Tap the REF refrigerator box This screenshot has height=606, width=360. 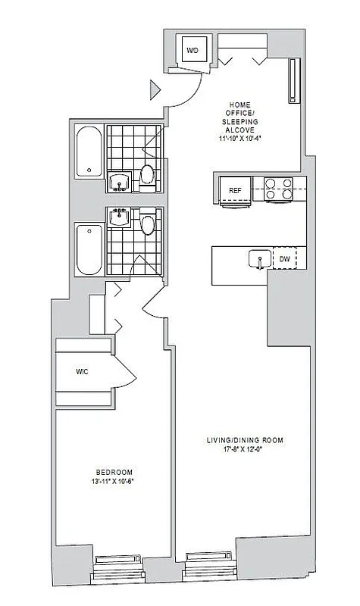[235, 189]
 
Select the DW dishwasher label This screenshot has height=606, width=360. [285, 259]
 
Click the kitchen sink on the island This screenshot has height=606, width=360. [259, 260]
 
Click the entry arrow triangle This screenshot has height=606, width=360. [155, 89]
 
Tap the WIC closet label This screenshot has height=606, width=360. [83, 372]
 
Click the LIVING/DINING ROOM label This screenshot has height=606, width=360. [239, 440]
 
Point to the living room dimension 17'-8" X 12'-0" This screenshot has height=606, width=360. [239, 450]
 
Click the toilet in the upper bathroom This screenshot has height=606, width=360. [148, 174]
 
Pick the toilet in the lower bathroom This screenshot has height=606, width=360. [149, 223]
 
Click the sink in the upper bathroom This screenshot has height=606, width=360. [120, 181]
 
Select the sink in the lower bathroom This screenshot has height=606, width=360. [120, 218]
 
